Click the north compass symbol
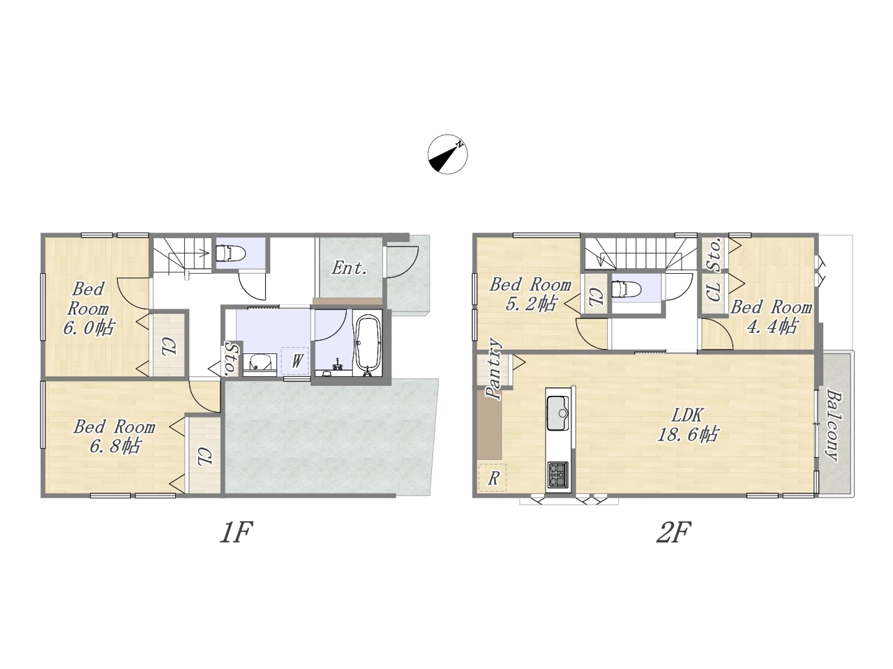(447, 154)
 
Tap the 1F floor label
(237, 532)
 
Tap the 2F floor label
(674, 532)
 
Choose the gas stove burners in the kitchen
(558, 475)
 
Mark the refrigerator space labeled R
(493, 477)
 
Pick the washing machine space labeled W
(295, 361)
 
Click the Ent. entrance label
(349, 268)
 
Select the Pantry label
(494, 368)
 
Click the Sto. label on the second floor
(715, 254)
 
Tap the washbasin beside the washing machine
(260, 362)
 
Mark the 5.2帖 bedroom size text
(530, 303)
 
